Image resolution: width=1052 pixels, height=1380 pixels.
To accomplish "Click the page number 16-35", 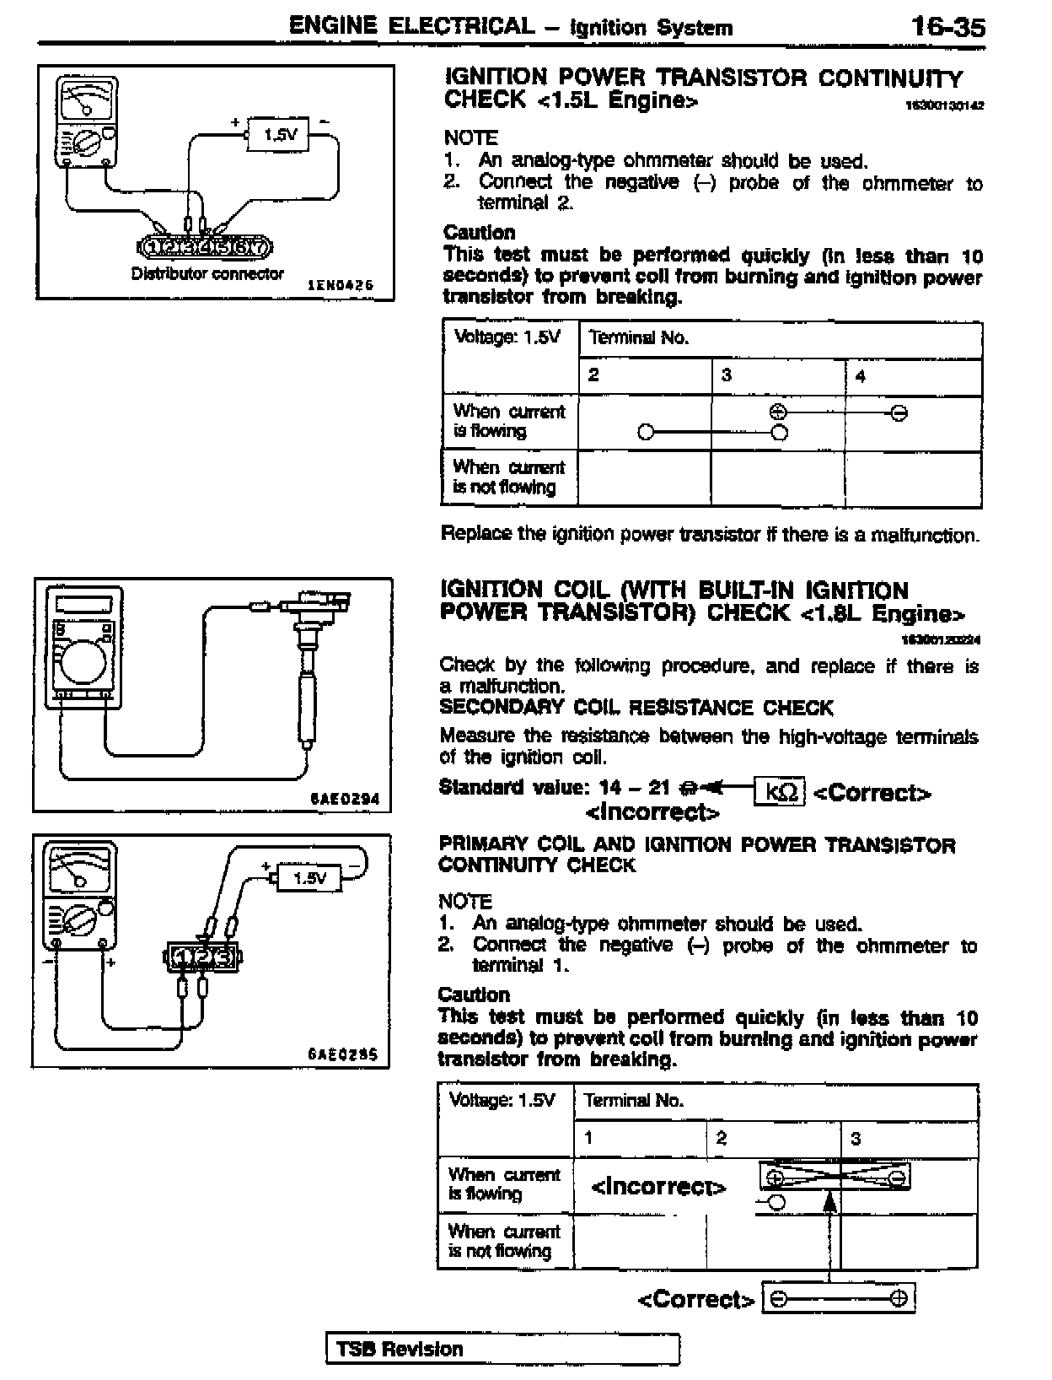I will coord(947,27).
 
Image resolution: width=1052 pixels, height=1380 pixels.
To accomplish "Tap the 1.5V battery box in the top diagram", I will coord(279,134).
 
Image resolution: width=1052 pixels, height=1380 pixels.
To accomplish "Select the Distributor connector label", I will coord(207,273).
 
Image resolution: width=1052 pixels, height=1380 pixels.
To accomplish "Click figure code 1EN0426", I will coord(340,286).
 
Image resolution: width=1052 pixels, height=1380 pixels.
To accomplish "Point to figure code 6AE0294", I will coord(344,798).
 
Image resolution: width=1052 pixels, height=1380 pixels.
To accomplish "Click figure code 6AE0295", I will coord(342,1054).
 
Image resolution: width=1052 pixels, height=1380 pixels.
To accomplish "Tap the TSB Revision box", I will coord(502,1349).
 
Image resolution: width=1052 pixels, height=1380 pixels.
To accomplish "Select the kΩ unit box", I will coord(780,792).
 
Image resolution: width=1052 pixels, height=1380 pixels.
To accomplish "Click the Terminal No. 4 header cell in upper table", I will coord(913,376).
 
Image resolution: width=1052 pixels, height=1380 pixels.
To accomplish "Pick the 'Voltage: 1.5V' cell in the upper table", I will coord(508,338).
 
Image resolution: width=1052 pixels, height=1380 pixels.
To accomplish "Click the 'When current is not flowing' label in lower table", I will coord(504,1242).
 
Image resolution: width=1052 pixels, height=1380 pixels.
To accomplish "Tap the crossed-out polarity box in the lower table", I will coord(835,1176).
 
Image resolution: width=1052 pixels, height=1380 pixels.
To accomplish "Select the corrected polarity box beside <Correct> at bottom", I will coord(839,1298).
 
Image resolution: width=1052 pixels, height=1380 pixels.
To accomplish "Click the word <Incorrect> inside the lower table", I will coord(658,1187).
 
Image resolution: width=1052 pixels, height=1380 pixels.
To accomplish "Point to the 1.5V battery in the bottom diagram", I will coord(309,878).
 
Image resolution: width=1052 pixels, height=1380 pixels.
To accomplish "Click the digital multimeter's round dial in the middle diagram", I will coord(83,663).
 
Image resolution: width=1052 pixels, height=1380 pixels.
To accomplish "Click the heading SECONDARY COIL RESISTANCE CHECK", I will coord(636,708).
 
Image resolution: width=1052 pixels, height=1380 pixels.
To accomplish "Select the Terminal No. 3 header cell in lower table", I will coord(909,1139).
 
